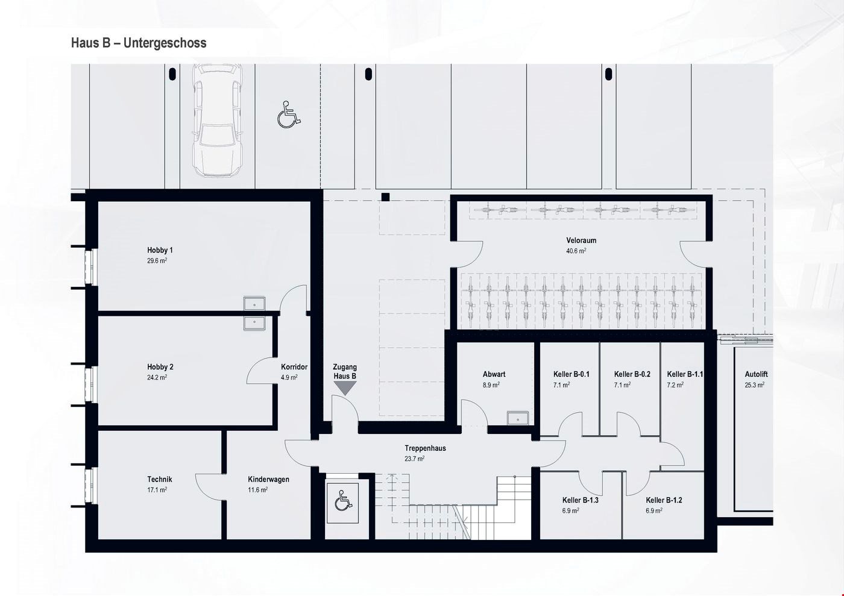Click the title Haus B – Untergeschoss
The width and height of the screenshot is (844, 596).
[x=139, y=43]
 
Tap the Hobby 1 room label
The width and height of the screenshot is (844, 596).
[x=160, y=250]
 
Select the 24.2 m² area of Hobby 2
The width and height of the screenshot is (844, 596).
[x=157, y=378]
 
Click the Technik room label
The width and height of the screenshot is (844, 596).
[x=160, y=479]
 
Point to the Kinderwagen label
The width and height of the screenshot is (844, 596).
[x=268, y=479]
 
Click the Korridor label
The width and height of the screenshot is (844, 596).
[x=294, y=367]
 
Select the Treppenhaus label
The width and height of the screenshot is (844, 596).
[x=425, y=448]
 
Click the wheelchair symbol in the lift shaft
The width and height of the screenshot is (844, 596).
[x=342, y=501]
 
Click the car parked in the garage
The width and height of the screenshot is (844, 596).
[x=218, y=121]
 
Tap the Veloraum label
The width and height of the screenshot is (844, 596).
[x=581, y=240]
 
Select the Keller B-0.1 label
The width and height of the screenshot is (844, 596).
[x=571, y=374]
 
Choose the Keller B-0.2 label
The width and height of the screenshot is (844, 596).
[x=632, y=374]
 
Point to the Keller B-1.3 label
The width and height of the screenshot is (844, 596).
[x=580, y=500]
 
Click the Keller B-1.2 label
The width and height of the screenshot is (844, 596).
[x=664, y=500]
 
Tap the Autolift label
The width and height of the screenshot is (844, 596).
[x=756, y=374]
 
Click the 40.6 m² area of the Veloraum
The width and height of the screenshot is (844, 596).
[x=576, y=251]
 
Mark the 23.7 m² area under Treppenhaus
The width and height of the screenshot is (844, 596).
[x=415, y=459]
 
